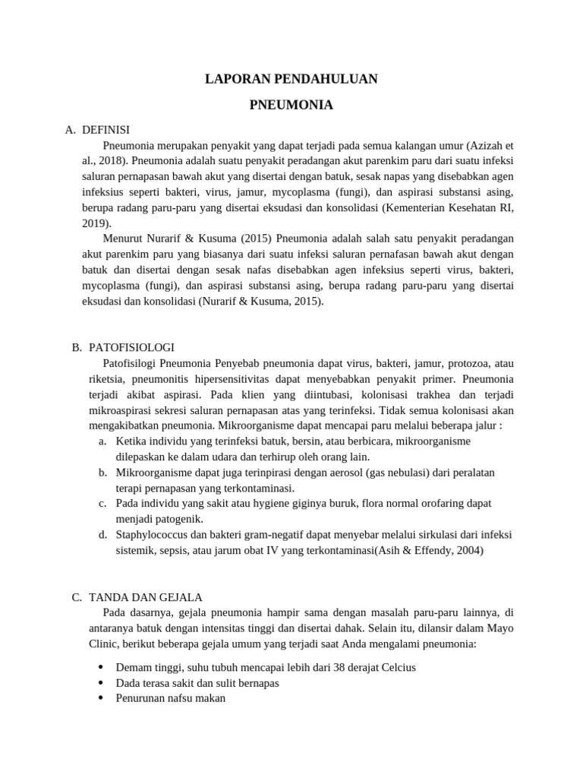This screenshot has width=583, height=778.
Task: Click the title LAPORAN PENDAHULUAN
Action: [291, 79]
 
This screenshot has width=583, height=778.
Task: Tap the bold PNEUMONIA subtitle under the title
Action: [291, 106]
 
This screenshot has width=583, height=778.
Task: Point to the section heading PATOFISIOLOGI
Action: [131, 347]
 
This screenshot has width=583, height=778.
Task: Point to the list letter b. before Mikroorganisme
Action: [102, 473]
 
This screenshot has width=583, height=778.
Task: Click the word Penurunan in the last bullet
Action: [140, 698]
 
